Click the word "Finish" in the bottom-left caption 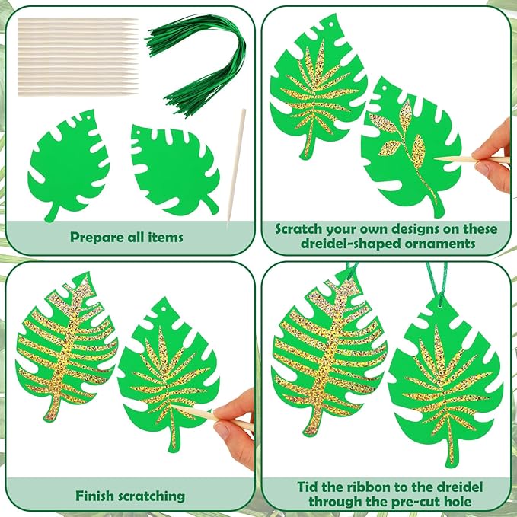pyautogui.click(x=94, y=496)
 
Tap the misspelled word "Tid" pyautogui.click(x=308, y=487)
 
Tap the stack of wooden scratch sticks pyautogui.click(x=78, y=56)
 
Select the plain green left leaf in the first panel pyautogui.click(x=69, y=165)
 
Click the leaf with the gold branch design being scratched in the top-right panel pyautogui.click(x=411, y=147)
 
